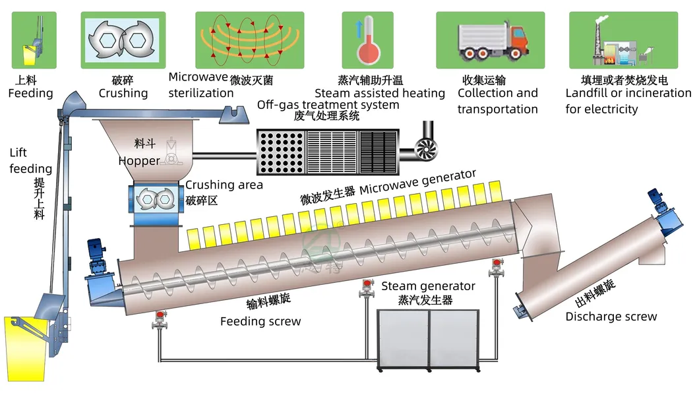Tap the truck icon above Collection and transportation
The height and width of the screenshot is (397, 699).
(490, 40)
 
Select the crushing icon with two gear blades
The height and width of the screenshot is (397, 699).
(123, 40)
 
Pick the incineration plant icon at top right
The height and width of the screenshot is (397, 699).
(613, 40)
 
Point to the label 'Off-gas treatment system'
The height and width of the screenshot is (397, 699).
(328, 105)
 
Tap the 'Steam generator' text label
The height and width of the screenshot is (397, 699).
(428, 286)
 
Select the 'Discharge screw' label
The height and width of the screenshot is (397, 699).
(611, 317)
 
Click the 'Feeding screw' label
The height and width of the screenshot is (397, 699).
(260, 322)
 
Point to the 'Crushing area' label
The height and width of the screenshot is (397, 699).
(224, 185)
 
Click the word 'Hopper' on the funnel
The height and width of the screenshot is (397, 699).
(139, 161)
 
